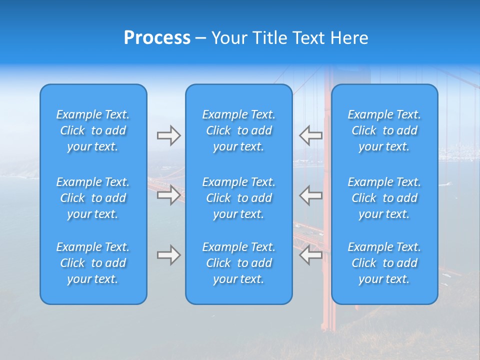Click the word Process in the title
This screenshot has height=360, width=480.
[x=157, y=38]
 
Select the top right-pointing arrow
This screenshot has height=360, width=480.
[x=168, y=135]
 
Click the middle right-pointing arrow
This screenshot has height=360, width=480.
[x=168, y=195]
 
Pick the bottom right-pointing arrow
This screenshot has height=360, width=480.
[x=168, y=255]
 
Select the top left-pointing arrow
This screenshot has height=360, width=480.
[x=311, y=135]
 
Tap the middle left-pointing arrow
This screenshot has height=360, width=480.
[x=311, y=195]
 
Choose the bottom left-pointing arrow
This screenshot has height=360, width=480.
[x=311, y=255]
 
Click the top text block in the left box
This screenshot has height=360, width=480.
[x=93, y=130]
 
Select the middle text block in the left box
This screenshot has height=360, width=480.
[x=93, y=198]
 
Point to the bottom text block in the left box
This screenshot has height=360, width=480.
[x=93, y=263]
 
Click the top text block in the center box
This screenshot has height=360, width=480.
[x=238, y=130]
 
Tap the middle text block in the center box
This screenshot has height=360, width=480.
[x=238, y=198]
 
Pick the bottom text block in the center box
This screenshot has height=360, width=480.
[x=238, y=263]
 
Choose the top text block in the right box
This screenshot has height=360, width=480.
[x=384, y=130]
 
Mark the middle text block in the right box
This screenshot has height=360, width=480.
[x=384, y=198]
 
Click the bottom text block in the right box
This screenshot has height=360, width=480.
[x=384, y=263]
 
